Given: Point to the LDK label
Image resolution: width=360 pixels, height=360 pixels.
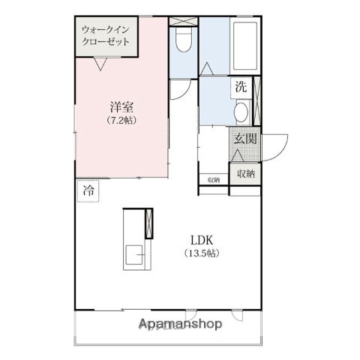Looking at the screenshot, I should pyautogui.click(x=202, y=240).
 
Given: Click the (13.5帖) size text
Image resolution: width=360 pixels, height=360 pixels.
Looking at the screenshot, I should pyautogui.click(x=202, y=253).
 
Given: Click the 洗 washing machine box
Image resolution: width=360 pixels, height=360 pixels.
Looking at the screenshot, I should pyautogui.click(x=240, y=86).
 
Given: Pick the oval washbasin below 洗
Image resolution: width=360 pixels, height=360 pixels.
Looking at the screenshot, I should pyautogui.click(x=241, y=113).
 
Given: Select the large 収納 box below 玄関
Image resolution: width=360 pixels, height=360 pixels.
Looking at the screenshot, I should pyautogui.click(x=244, y=173).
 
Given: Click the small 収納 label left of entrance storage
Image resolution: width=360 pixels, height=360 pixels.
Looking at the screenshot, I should pyautogui.click(x=214, y=179).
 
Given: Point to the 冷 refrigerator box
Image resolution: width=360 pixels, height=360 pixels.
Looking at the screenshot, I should pyautogui.click(x=88, y=191).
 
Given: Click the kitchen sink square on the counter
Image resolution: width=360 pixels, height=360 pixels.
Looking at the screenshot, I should pyautogui.click(x=136, y=256).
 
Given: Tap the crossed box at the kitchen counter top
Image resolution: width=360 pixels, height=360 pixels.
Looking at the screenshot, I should pyautogui.click(x=148, y=223).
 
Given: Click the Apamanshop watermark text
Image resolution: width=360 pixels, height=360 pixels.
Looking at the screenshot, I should pyautogui.click(x=180, y=325).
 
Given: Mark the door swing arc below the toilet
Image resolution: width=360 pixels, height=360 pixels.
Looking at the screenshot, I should pyautogui.click(x=178, y=90).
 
